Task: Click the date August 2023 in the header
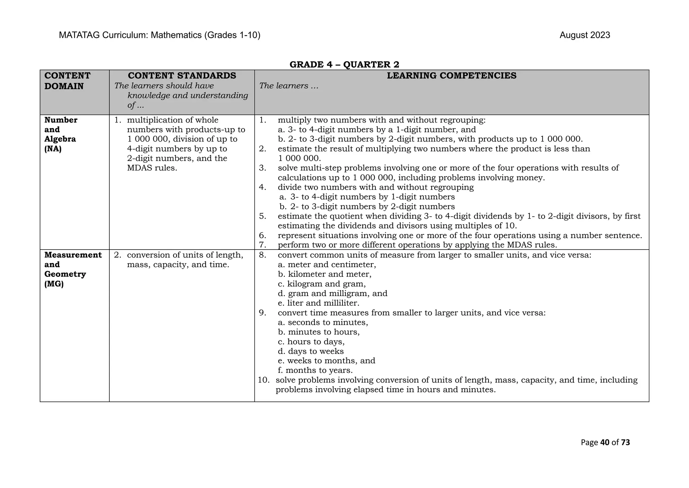pyautogui.click(x=584, y=35)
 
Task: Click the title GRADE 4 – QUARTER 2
pyautogui.click(x=344, y=65)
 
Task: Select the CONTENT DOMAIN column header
pyautogui.click(x=67, y=81)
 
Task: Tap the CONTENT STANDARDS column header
pyautogui.click(x=182, y=76)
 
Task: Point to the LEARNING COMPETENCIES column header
pyautogui.click(x=451, y=76)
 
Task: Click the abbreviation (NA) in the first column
pyautogui.click(x=53, y=149)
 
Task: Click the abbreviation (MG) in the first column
pyautogui.click(x=54, y=284)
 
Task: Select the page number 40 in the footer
pyautogui.click(x=605, y=443)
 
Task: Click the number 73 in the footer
pyautogui.click(x=625, y=443)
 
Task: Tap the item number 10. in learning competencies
pyautogui.click(x=264, y=380)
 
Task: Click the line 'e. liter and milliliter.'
pyautogui.click(x=319, y=303)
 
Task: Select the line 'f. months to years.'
pyautogui.click(x=315, y=370)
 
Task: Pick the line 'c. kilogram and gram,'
pyautogui.click(x=322, y=284)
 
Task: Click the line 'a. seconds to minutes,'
pyautogui.click(x=323, y=322)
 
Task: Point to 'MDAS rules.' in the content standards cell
pyautogui.click(x=152, y=168)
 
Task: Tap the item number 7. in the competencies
pyautogui.click(x=262, y=245)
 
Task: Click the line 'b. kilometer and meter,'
pyautogui.click(x=325, y=274)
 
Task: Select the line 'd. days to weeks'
pyautogui.click(x=311, y=351)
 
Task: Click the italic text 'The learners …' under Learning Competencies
pyautogui.click(x=289, y=86)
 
